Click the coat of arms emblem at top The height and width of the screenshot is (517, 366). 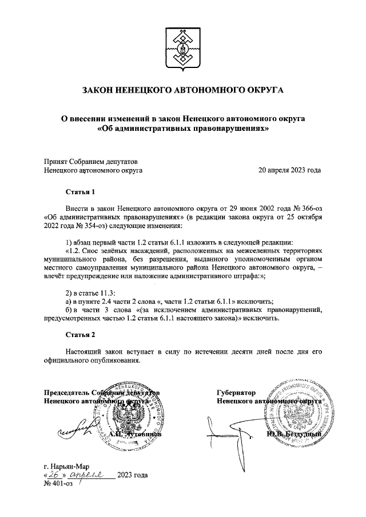(182, 45)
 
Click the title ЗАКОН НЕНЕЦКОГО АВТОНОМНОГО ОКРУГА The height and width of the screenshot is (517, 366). (183, 91)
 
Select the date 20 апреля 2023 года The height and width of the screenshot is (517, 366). (289, 170)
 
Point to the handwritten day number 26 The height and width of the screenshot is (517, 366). (55, 475)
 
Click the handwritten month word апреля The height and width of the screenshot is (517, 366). (91, 475)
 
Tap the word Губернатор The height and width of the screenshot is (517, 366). (236, 393)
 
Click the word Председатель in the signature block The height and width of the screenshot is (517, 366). (67, 393)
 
